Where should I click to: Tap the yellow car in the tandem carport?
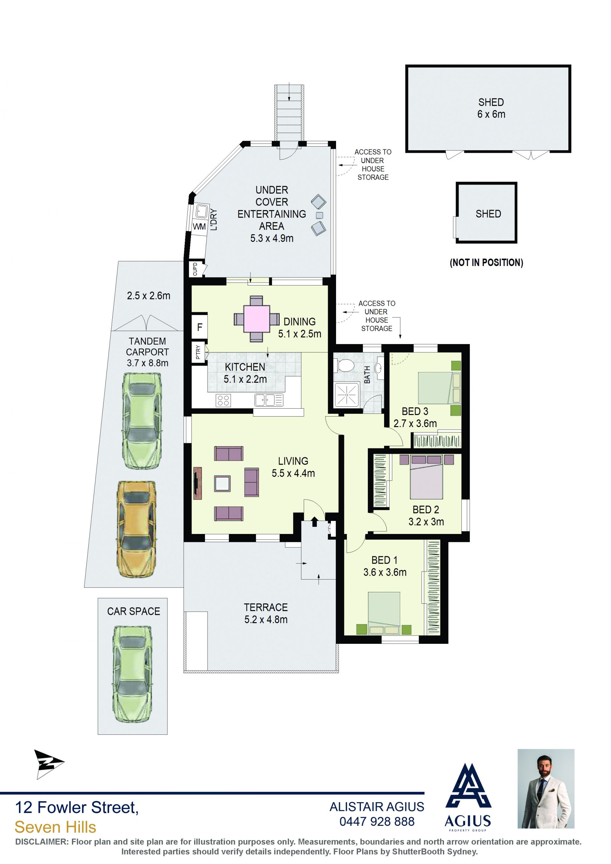137,530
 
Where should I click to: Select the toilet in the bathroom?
344,365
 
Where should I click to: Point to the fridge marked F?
200,327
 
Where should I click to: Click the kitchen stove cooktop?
223,400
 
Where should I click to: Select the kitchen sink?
269,400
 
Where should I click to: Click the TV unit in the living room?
198,483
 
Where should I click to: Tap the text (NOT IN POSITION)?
487,263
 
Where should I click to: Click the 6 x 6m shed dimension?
491,114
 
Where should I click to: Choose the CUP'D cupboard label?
195,269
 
